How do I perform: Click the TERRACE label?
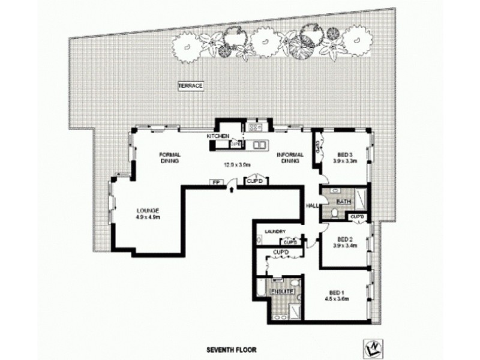(191, 86)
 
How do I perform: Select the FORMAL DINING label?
(170, 157)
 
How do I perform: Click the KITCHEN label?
(217, 137)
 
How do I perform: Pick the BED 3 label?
(345, 154)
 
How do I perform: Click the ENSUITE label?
(281, 291)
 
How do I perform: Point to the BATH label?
(343, 201)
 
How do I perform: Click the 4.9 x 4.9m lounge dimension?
(146, 217)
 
